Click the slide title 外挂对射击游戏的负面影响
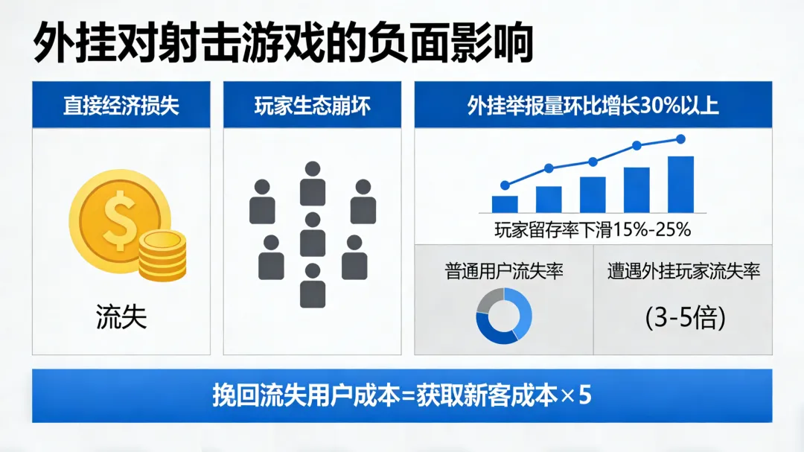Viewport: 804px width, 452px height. click(283, 43)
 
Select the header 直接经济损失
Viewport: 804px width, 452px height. click(121, 105)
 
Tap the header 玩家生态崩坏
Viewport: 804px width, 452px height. click(312, 105)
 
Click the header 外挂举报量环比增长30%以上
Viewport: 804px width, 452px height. click(593, 105)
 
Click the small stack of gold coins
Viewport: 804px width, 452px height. click(162, 254)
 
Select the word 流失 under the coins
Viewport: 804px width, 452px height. click(121, 316)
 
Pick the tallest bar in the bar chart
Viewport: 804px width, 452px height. click(680, 185)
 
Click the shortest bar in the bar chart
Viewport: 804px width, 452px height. click(505, 204)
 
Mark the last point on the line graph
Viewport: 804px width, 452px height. click(680, 139)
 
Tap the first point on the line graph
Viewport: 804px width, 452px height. click(505, 185)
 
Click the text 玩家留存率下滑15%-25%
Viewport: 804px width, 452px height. click(593, 229)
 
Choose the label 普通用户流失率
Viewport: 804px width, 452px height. click(504, 270)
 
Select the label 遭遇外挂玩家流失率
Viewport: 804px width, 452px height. click(683, 270)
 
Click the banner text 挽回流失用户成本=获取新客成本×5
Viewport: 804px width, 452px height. click(402, 395)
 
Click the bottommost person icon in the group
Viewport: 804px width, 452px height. click(313, 286)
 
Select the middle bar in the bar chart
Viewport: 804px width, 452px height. click(593, 194)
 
